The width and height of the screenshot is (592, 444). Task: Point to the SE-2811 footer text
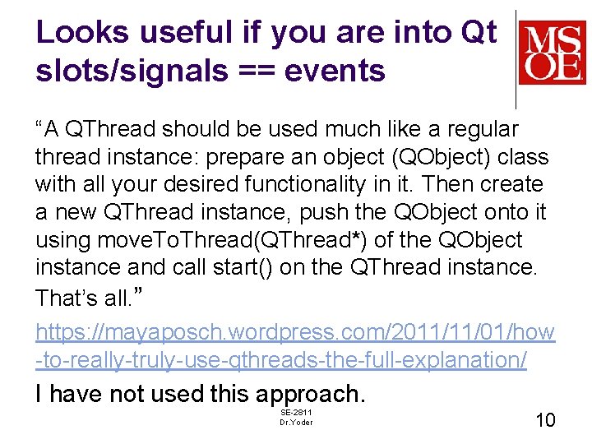pos(296,411)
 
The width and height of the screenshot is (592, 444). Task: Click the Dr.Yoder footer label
pos(296,423)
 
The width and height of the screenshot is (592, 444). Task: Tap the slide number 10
pos(545,420)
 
